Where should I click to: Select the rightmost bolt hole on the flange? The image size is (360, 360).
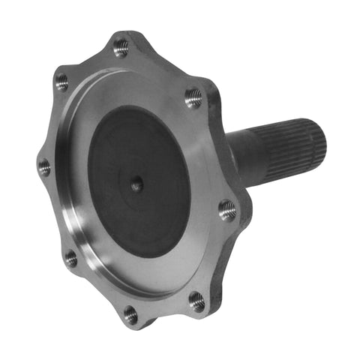(x=227, y=210)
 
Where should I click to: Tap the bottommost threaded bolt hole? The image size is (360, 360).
(x=131, y=314)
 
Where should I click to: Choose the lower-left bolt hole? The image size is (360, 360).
(x=70, y=259)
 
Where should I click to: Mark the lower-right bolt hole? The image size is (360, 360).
(x=197, y=301)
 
